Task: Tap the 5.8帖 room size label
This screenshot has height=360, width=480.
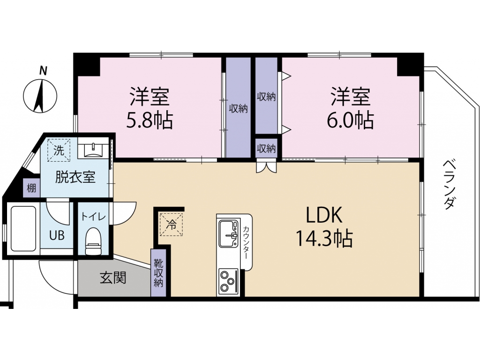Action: [x=150, y=120]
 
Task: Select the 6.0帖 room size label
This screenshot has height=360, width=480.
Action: [x=351, y=120]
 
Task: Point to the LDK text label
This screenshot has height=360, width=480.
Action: [x=324, y=215]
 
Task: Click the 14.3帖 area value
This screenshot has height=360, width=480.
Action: [x=324, y=239]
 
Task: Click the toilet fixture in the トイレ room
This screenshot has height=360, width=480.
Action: [x=93, y=241]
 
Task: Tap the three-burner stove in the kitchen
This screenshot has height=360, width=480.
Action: [x=228, y=281]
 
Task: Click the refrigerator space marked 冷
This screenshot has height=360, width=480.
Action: [x=171, y=225]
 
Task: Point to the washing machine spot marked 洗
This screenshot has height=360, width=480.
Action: [x=59, y=150]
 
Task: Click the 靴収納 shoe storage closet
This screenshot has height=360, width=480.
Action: [x=158, y=273]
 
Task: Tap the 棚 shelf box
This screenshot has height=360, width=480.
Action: [x=31, y=187]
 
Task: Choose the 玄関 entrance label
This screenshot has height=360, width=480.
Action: [x=113, y=278]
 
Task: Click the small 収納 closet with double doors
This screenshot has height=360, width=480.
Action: [x=266, y=149]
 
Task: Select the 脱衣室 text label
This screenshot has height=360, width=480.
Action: [x=75, y=177]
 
